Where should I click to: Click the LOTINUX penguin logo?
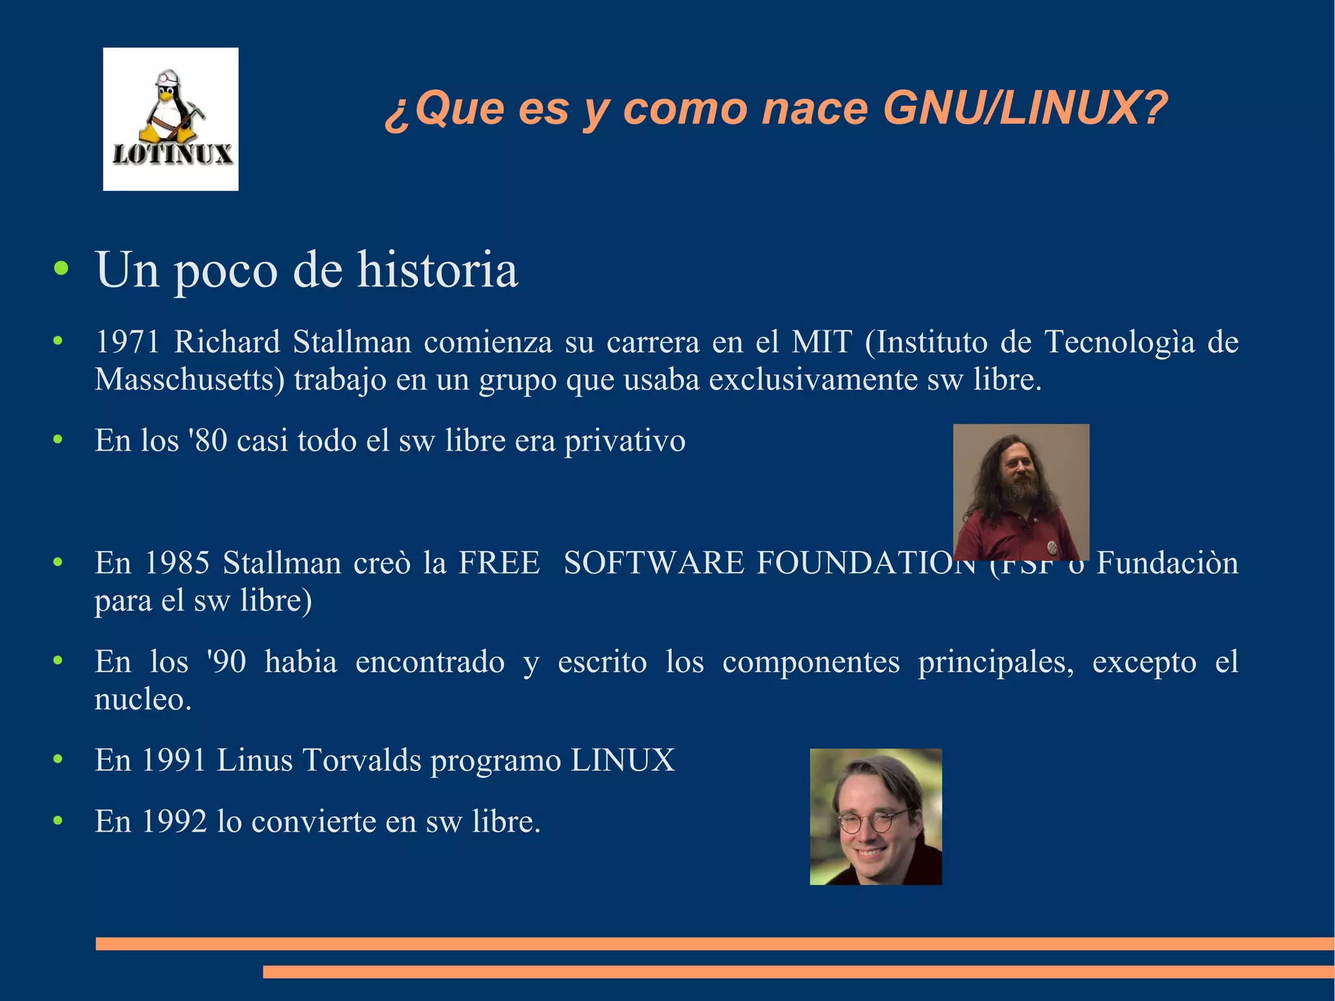(171, 119)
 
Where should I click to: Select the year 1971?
(128, 342)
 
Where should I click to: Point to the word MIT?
(821, 342)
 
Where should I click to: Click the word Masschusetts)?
(190, 379)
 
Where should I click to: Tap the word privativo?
(624, 440)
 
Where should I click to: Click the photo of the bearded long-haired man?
(1021, 492)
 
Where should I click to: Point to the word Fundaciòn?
(1167, 562)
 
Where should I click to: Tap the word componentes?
(811, 662)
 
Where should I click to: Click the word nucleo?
(143, 699)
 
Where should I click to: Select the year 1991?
(173, 760)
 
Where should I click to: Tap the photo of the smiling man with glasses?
(875, 816)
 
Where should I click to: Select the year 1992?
(173, 821)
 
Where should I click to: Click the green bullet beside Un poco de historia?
(61, 269)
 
